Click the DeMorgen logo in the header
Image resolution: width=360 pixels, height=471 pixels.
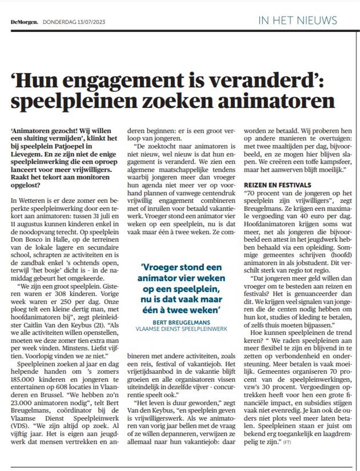tap(24, 22)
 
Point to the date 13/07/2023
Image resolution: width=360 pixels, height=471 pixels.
tap(91, 22)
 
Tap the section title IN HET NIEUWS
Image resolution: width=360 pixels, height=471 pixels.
tap(297, 20)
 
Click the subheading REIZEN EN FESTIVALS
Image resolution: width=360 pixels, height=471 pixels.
tap(277, 185)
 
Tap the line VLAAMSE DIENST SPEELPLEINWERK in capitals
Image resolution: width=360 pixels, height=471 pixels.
tap(181, 329)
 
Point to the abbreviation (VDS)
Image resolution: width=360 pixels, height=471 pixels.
tap(19, 426)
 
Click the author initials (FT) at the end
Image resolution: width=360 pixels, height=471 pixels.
tap(287, 442)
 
